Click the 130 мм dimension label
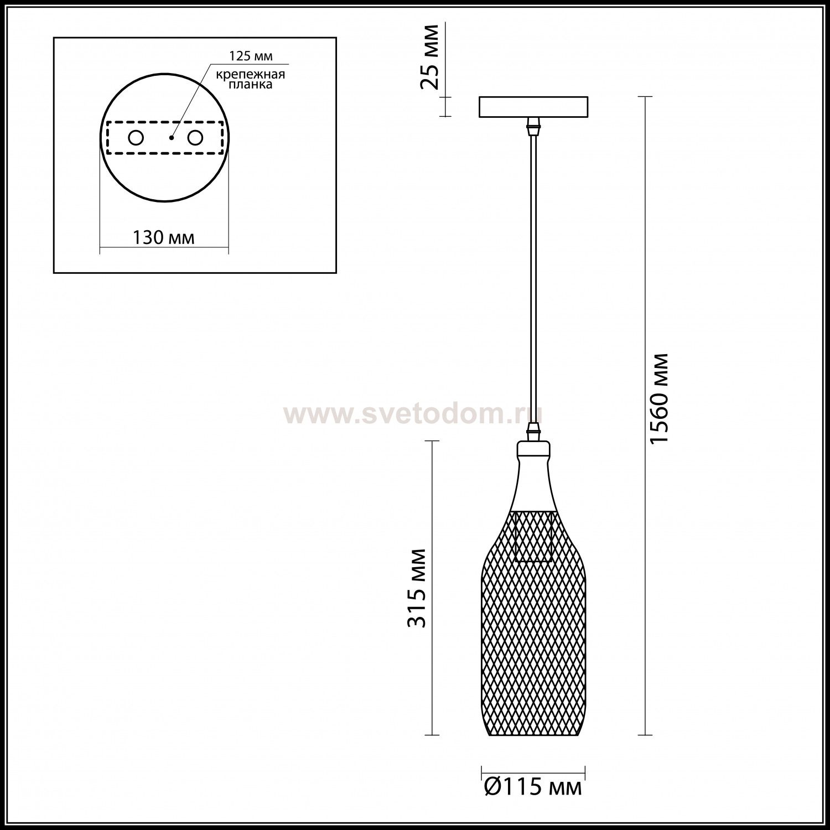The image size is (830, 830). pos(163,238)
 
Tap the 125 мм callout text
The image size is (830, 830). pos(251,57)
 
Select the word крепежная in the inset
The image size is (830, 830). pos(251,75)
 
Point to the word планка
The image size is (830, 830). pos(251,85)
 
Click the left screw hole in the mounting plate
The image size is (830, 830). pos(136,138)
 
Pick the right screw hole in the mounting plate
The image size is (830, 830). pos(194,138)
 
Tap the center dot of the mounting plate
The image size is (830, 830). pos(172,138)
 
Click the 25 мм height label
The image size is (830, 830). pos(430,57)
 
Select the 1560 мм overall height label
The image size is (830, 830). pos(660,398)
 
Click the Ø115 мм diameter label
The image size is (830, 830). pos(532,787)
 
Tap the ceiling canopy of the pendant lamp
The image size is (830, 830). pos(533,107)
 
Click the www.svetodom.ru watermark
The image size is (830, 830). pos(412,413)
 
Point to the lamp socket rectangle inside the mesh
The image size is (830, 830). pos(534,537)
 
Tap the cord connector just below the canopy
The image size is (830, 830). pos(533,127)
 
